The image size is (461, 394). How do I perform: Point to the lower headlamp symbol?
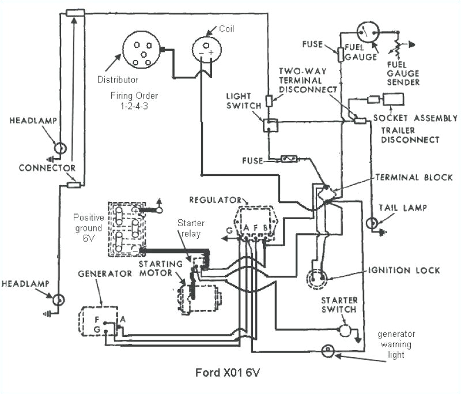click(58, 300)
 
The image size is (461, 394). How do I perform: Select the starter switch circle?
click(345, 329)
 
